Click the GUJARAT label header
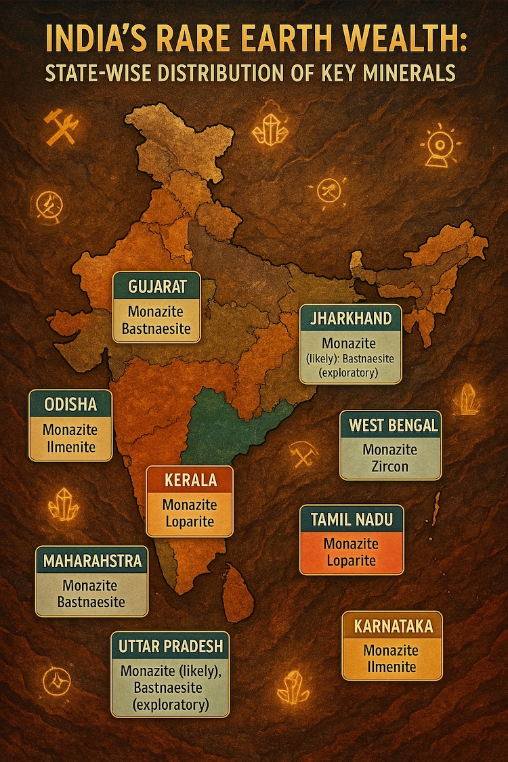tap(156, 286)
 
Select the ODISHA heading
tap(70, 404)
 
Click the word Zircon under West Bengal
tap(389, 465)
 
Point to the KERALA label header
tap(190, 481)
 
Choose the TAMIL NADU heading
tap(352, 520)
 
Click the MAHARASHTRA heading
tap(92, 561)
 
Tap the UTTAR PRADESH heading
tap(170, 646)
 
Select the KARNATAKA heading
tap(392, 626)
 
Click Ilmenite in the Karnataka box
tap(391, 666)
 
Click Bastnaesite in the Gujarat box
tap(156, 331)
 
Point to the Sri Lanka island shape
tap(238, 595)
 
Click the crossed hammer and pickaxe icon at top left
tap(61, 127)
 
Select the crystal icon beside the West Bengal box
tap(468, 399)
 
